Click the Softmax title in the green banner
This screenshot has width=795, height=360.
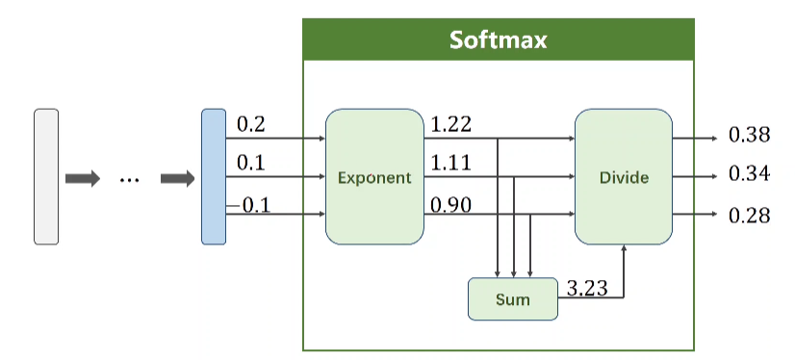tap(498, 40)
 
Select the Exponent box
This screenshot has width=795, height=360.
tap(374, 176)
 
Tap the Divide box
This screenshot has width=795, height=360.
tap(624, 176)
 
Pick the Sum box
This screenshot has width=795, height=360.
tap(513, 299)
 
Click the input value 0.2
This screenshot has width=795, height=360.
tap(251, 125)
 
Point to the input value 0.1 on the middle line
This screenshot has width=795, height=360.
tap(251, 164)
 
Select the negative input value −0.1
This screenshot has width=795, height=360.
tap(248, 205)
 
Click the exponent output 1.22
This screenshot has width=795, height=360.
tap(450, 124)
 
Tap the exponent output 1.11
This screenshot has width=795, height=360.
tap(450, 164)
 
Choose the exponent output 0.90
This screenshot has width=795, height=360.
tap(450, 205)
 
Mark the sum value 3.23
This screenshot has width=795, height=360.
tap(587, 288)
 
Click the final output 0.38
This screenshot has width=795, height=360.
tap(750, 135)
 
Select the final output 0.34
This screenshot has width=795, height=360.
tap(750, 174)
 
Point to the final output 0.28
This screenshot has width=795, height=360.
tap(750, 216)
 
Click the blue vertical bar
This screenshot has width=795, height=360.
tap(214, 176)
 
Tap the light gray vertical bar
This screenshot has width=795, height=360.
tap(46, 176)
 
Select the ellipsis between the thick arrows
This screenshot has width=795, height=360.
tap(129, 180)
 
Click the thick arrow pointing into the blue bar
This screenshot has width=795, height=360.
tap(177, 178)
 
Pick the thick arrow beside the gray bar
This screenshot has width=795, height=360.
tap(82, 178)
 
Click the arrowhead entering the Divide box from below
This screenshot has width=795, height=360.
tap(624, 247)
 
